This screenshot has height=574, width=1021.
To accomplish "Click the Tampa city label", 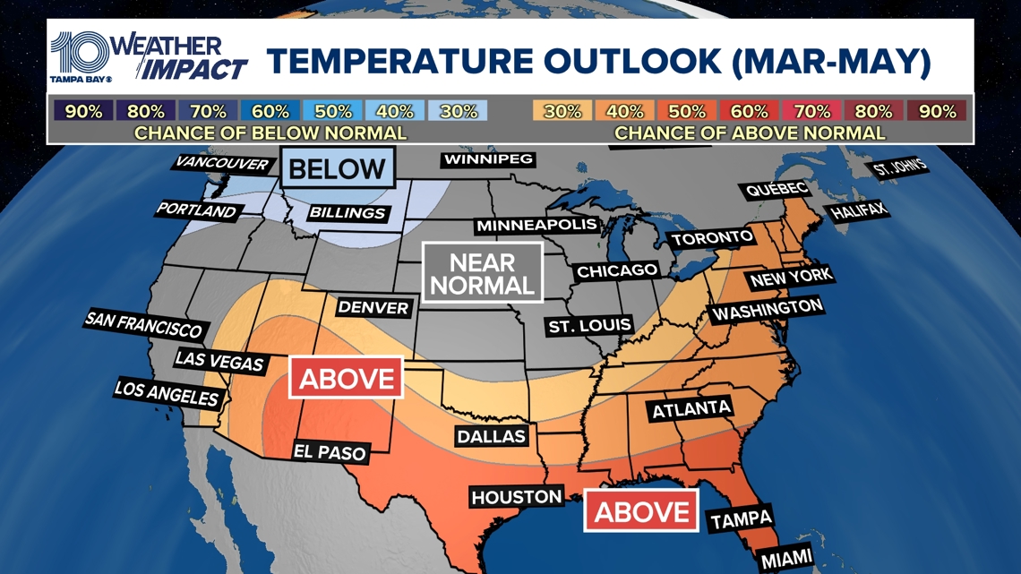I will (x=741, y=519).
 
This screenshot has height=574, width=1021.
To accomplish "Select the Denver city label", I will (x=373, y=308).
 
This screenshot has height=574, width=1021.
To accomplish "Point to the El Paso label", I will (x=330, y=451).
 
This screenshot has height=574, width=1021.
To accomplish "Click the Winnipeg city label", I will (x=487, y=159).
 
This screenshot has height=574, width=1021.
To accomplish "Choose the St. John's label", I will (x=899, y=168).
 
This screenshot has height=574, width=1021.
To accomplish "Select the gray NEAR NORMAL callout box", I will (x=482, y=274).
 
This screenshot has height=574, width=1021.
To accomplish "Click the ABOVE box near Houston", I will (x=641, y=511).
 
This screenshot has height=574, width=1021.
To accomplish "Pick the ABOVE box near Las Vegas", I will (x=346, y=378).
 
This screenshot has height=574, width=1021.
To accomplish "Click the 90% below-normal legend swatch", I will (x=83, y=111).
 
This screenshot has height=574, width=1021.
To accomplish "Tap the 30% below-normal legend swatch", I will (x=458, y=111).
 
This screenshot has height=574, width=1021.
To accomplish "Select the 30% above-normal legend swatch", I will (x=562, y=111).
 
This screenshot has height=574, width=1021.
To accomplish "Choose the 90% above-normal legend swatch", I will (x=937, y=111).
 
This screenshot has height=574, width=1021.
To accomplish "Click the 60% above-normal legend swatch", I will (x=750, y=111).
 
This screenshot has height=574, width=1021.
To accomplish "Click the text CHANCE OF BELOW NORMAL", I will (x=270, y=133).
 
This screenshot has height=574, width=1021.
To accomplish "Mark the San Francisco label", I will (x=143, y=324).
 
